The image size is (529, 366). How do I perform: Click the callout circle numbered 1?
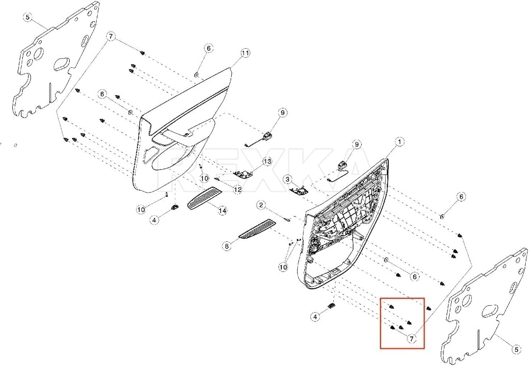coord(399,142)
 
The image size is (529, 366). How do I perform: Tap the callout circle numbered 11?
coord(245,53)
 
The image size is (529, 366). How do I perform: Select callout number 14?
coord(222,211)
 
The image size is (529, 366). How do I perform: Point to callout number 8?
coord(227,246)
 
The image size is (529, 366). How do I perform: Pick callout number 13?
coord(267,162)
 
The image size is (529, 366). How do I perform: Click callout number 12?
coord(238,190)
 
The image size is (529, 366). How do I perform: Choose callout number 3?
coord(287,179)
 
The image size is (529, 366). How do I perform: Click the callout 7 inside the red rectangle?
coord(411,338)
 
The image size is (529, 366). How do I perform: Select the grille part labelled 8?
coord(257,228)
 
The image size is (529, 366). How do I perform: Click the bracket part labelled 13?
coord(243,174)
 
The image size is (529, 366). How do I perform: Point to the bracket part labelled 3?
coord(298,190)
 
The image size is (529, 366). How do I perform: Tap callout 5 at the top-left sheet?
coord(29,17)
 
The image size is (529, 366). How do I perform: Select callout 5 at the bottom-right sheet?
coord(516,350)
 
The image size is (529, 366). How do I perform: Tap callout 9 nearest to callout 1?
coord(357,145)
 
